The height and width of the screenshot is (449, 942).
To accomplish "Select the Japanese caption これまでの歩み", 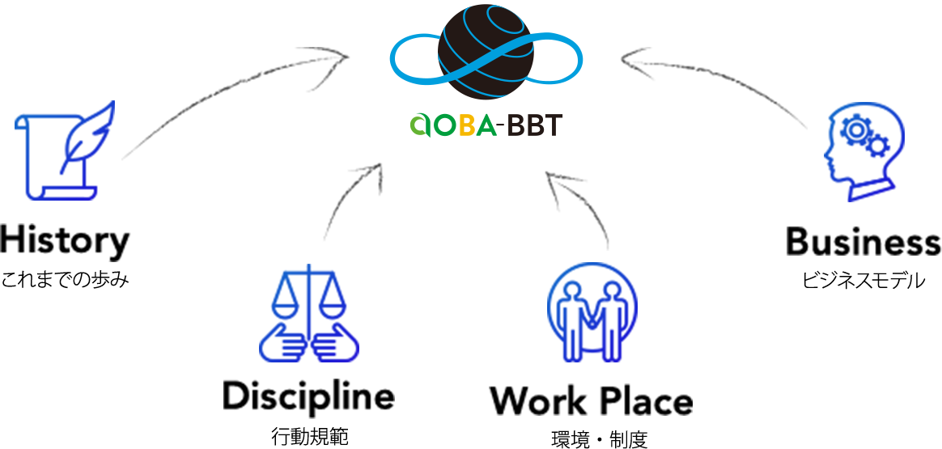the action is click(65, 281).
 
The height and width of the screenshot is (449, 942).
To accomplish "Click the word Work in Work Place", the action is click(537, 401).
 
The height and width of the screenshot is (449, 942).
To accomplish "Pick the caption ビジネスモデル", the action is click(863, 281).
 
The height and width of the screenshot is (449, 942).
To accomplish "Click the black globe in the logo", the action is click(486, 53).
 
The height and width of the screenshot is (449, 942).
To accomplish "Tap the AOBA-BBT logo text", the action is click(486, 125).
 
